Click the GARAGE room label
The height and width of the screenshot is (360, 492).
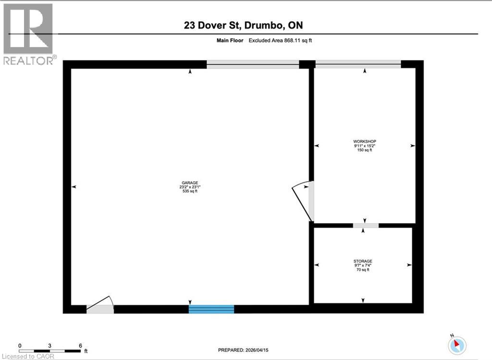click(x=188, y=183)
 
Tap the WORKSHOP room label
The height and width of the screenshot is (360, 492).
click(x=364, y=141)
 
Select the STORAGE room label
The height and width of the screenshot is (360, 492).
click(x=363, y=261)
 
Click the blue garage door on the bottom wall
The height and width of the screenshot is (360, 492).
click(x=211, y=309)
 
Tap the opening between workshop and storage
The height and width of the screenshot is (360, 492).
click(x=366, y=225)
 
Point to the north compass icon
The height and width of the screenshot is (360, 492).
click(x=457, y=344)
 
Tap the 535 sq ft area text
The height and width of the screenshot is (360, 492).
click(x=188, y=191)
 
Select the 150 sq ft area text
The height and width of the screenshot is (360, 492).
click(x=364, y=150)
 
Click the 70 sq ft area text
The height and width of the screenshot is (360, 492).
click(x=363, y=270)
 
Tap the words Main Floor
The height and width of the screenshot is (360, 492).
click(x=231, y=40)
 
